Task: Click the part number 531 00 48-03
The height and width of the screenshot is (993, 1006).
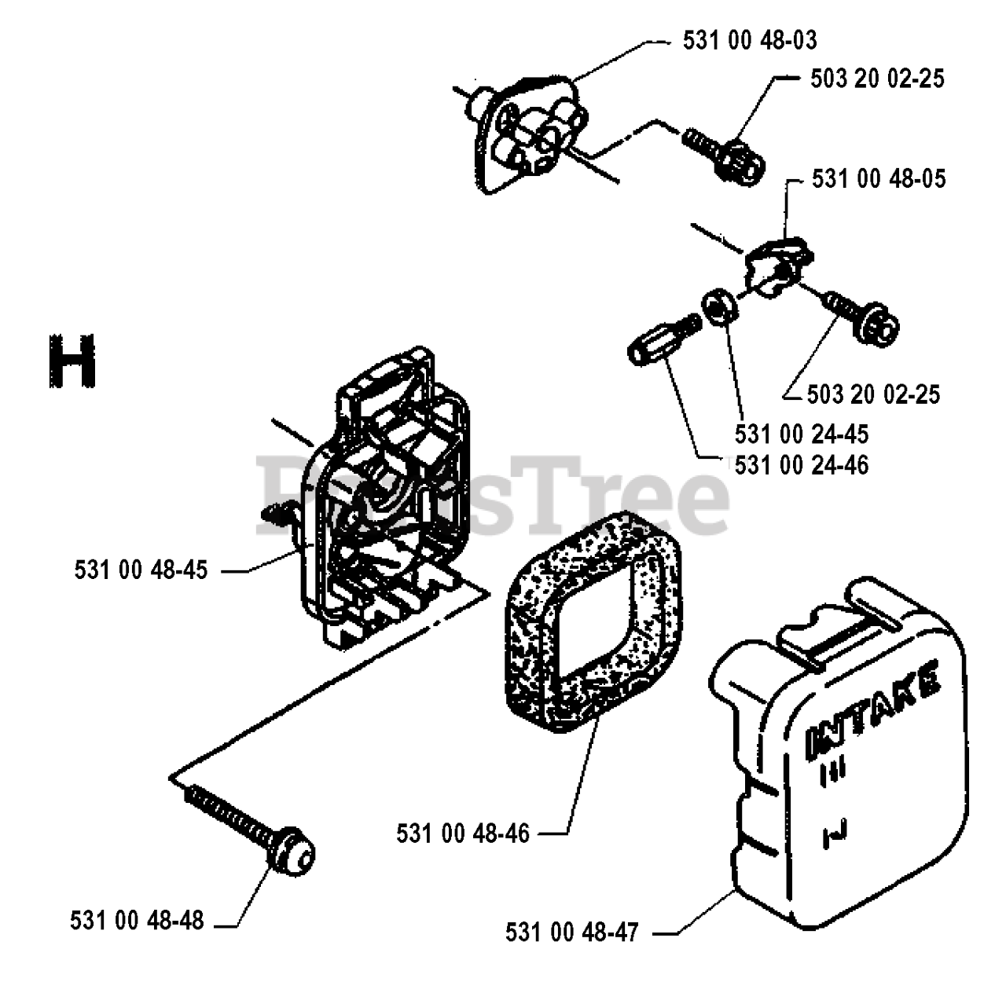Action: tap(750, 40)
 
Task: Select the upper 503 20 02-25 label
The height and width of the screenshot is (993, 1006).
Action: tap(876, 79)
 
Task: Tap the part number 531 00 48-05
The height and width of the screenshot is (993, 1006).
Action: tap(879, 179)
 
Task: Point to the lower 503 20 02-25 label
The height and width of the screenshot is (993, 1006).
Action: tap(873, 393)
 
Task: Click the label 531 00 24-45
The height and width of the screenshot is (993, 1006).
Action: tap(802, 434)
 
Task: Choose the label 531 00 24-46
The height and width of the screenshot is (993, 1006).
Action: tap(802, 465)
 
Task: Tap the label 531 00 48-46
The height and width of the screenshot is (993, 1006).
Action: tap(463, 833)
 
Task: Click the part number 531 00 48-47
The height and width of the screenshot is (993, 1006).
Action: tap(572, 933)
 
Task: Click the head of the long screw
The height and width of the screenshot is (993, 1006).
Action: tap(292, 850)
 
